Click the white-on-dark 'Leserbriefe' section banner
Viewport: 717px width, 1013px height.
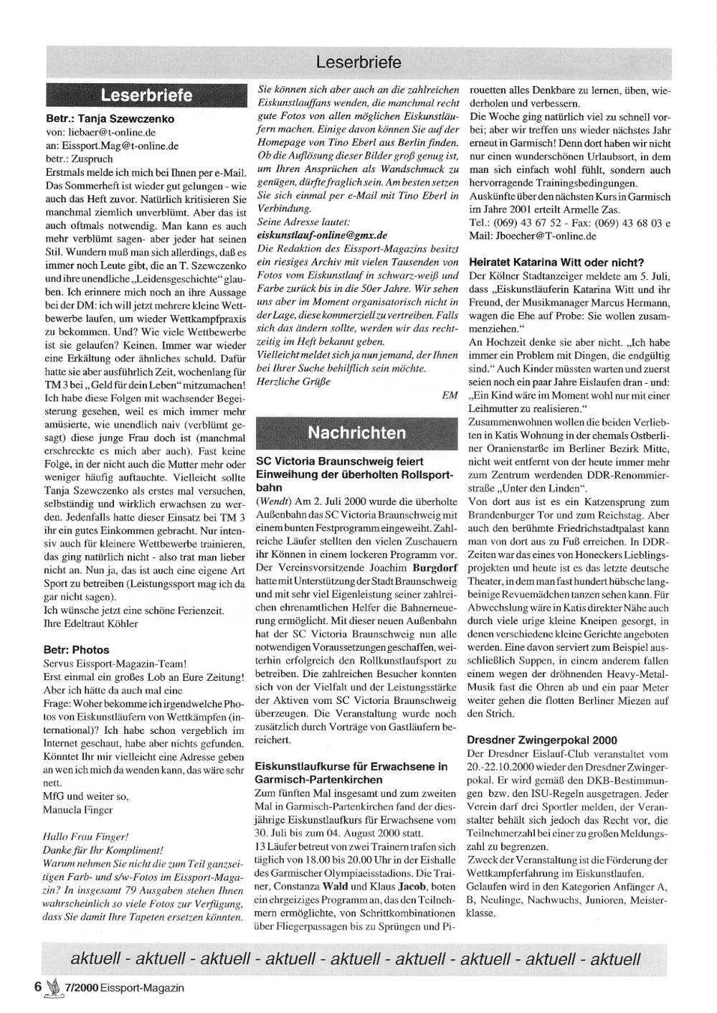146,95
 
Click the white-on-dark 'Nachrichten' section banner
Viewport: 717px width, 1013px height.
357,433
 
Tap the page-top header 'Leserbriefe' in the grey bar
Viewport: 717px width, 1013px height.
358,62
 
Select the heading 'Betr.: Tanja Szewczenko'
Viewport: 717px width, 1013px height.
109,119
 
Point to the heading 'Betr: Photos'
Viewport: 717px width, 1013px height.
77,650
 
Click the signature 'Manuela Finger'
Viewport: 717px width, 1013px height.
78,810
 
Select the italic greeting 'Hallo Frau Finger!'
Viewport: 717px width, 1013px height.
86,837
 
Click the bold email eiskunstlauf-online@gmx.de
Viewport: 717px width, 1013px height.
322,235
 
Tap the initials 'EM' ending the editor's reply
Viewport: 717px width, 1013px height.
450,395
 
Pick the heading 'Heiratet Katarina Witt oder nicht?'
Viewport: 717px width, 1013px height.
556,262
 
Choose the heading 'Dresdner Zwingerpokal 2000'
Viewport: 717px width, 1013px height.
541,740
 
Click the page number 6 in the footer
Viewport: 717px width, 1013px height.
37,987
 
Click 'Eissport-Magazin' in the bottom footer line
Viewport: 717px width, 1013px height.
142,988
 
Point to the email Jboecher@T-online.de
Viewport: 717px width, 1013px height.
543,235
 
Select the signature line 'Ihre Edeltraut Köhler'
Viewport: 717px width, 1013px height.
90,623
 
